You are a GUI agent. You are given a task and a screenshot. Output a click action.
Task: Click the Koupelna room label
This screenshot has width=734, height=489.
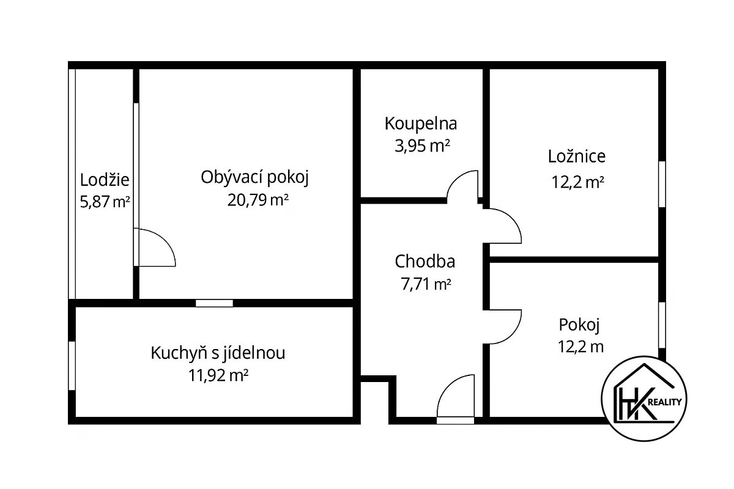coord(421,124)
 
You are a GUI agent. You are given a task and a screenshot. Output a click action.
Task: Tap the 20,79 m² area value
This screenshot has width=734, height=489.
coord(258,200)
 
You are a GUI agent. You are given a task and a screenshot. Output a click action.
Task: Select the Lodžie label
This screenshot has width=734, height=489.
coord(105,180)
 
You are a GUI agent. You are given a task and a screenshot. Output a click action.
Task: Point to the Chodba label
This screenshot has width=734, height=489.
coord(425,262)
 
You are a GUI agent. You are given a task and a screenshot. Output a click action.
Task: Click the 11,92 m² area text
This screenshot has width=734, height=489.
coord(218,375)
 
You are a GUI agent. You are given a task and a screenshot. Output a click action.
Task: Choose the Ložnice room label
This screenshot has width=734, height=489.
coord(577,156)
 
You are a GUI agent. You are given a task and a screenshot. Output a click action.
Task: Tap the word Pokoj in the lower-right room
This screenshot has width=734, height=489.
coord(579,325)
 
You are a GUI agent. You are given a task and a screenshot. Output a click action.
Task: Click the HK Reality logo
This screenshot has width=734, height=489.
coord(644,399)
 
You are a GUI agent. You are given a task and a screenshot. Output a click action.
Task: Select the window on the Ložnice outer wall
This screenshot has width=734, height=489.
coord(662,184)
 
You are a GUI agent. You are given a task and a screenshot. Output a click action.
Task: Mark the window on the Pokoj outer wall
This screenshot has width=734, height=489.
coord(662,325)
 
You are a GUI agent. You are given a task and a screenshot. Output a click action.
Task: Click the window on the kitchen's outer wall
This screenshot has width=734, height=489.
coord(72,366)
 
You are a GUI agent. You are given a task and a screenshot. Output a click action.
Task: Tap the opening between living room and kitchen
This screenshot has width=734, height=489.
coord(214,303)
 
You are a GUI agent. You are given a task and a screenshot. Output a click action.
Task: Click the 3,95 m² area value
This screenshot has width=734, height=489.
coord(422,145)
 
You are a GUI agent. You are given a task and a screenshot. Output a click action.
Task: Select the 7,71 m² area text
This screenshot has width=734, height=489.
coord(426,284)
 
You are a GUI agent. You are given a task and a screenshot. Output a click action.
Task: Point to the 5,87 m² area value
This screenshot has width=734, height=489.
coord(105,202)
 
